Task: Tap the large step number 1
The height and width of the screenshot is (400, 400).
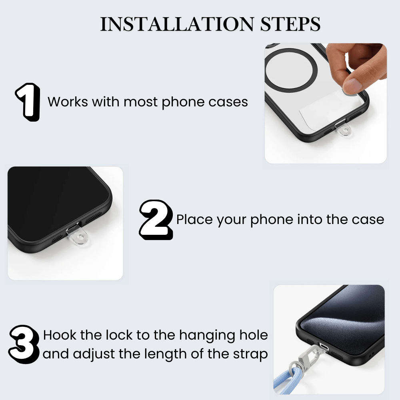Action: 28,102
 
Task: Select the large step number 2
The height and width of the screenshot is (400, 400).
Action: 156,220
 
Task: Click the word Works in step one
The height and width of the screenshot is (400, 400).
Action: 68,102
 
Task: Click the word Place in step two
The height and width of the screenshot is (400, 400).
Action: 195,220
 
